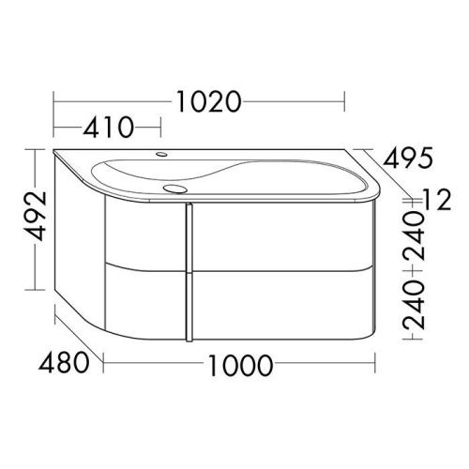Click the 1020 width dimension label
209,101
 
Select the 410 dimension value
108,128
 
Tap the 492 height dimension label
36,216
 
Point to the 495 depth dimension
408,157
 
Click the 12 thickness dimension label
437,199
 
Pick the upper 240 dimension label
414,236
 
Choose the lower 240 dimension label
414,305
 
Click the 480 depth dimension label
64,363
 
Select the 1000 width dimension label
240,365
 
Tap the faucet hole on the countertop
161,154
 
